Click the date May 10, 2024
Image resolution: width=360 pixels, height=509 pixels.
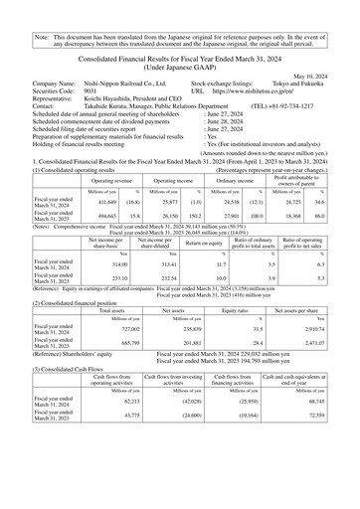[326, 74]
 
